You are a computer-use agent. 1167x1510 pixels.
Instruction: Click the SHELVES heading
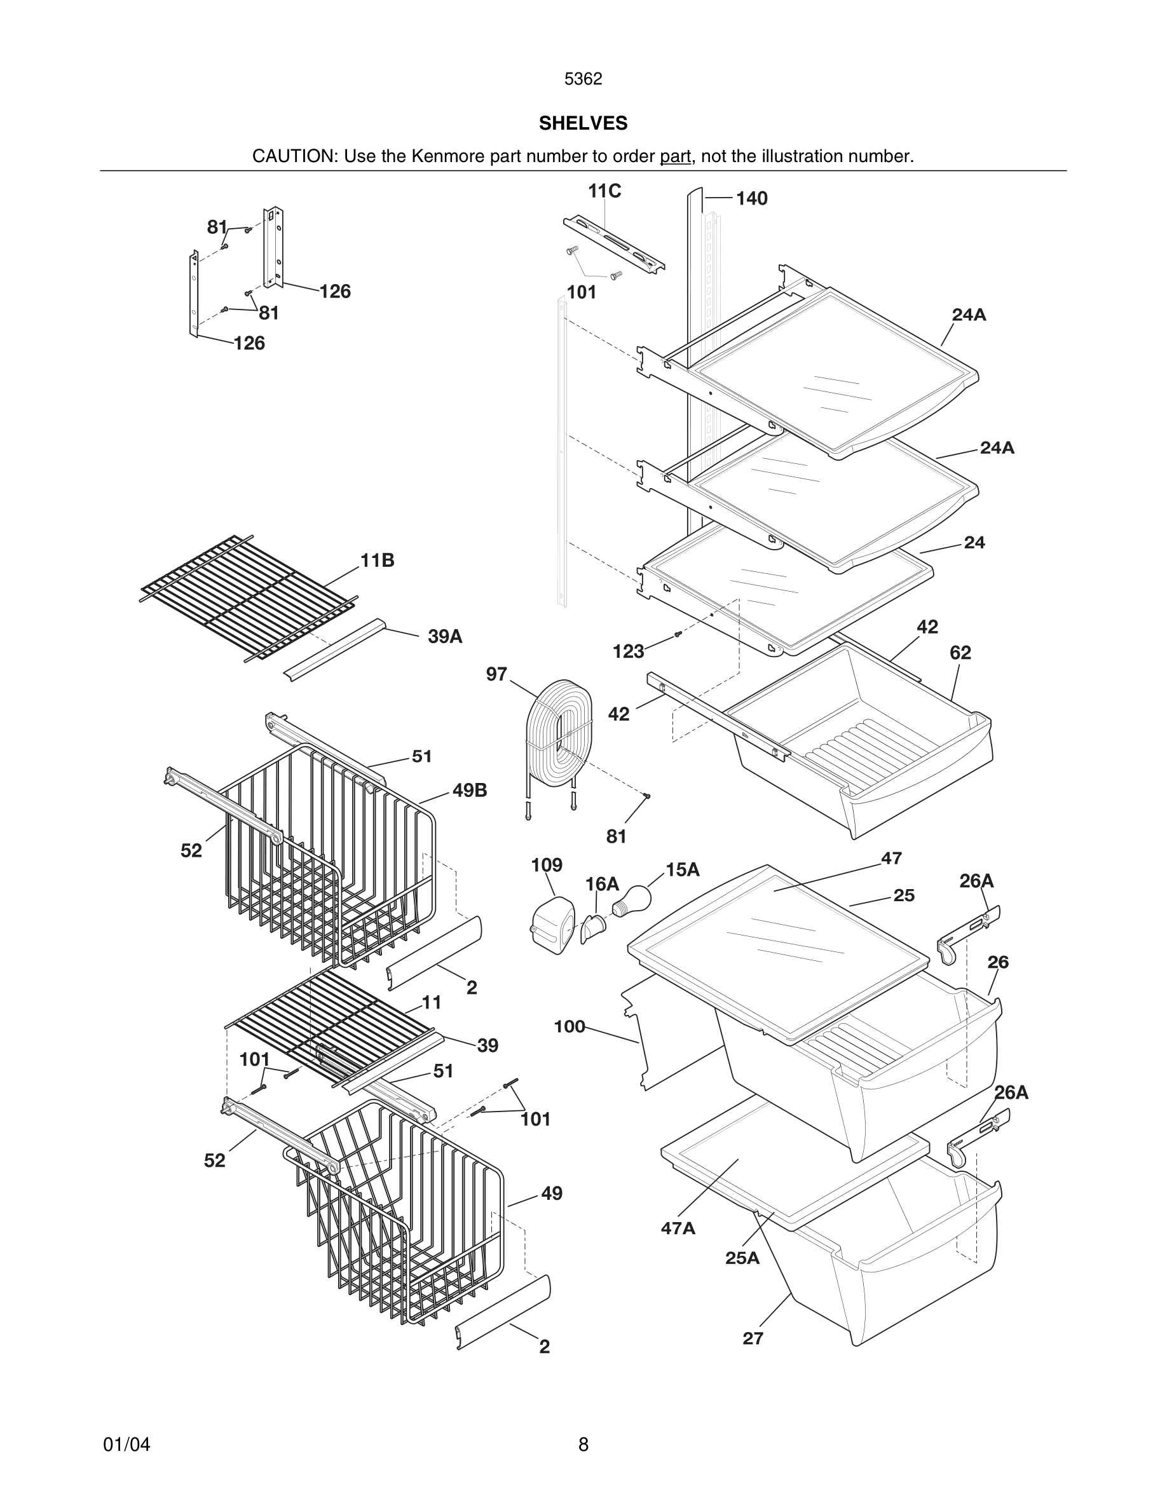click(x=583, y=123)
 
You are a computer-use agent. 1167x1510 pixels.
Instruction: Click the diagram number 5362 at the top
click(x=583, y=79)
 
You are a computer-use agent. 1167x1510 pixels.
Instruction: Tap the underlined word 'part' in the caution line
click(x=675, y=156)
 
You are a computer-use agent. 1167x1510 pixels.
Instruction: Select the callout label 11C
click(x=604, y=191)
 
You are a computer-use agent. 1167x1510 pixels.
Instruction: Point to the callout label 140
click(x=751, y=199)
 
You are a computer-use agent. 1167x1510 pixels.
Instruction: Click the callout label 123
click(x=628, y=651)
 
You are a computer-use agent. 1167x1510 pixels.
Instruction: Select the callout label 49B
click(x=470, y=790)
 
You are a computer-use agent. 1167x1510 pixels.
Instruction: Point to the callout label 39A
click(x=444, y=637)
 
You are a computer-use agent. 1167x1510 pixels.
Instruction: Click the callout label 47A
click(x=678, y=1228)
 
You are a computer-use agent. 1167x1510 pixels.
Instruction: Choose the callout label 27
click(x=753, y=1338)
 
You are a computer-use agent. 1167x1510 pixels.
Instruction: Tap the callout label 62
click(x=960, y=653)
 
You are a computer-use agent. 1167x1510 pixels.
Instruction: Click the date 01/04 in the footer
click(x=126, y=1445)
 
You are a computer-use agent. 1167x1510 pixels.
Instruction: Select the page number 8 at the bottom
click(x=583, y=1445)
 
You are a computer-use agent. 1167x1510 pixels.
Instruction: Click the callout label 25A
click(x=742, y=1258)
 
